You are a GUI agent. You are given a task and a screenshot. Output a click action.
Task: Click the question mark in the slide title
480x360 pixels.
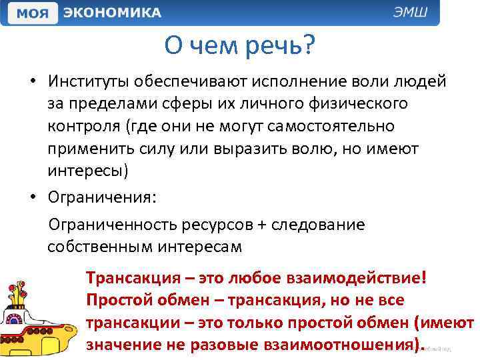[x=307, y=47]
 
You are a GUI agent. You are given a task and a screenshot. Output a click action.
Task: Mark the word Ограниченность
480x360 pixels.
[x=111, y=225]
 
